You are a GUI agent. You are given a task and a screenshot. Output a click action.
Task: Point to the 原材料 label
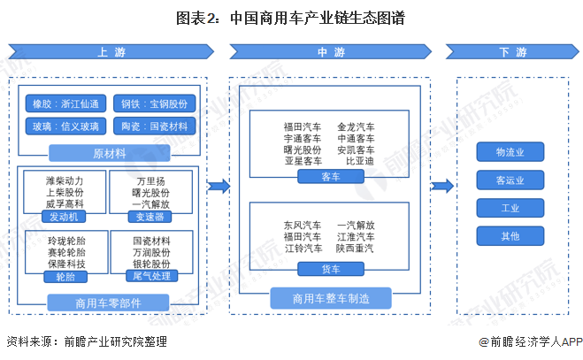(x=110, y=152)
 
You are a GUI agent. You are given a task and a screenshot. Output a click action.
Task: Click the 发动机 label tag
(x=65, y=216)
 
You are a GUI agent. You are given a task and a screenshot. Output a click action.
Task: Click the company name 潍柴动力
(x=65, y=180)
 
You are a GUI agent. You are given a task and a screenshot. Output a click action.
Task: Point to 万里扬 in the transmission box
(x=151, y=180)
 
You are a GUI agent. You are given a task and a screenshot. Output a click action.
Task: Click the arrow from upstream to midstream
(x=219, y=186)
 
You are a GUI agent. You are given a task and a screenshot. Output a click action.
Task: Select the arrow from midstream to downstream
(x=443, y=186)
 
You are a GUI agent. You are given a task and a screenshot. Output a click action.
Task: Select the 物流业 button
(x=510, y=152)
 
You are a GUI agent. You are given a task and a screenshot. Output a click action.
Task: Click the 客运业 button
(x=510, y=180)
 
